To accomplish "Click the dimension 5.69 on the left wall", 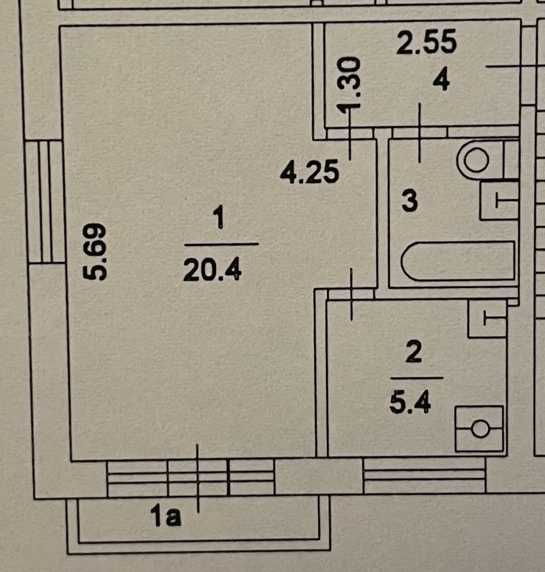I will (x=94, y=252).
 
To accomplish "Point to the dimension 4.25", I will (x=310, y=173).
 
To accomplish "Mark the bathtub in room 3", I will (x=457, y=261).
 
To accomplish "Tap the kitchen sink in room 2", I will (x=479, y=429).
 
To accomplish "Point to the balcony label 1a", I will (x=166, y=518).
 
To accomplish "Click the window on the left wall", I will (x=45, y=201).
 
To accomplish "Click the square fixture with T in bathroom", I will (x=499, y=200).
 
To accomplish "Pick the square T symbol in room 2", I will (x=487, y=319).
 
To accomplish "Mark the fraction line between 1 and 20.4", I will (x=221, y=244).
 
